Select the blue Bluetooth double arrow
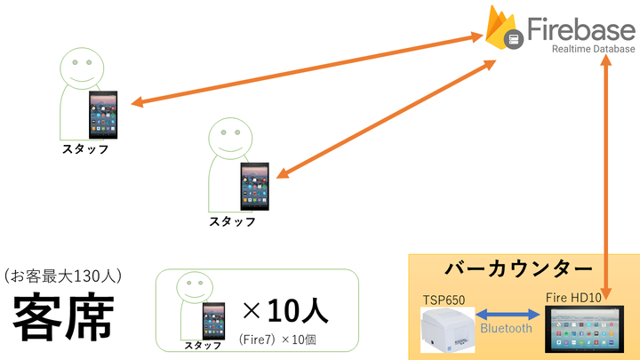click(507, 314)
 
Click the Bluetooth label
click(506, 328)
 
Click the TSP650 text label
click(444, 299)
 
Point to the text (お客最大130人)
click(62, 276)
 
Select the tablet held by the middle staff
click(255, 184)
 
